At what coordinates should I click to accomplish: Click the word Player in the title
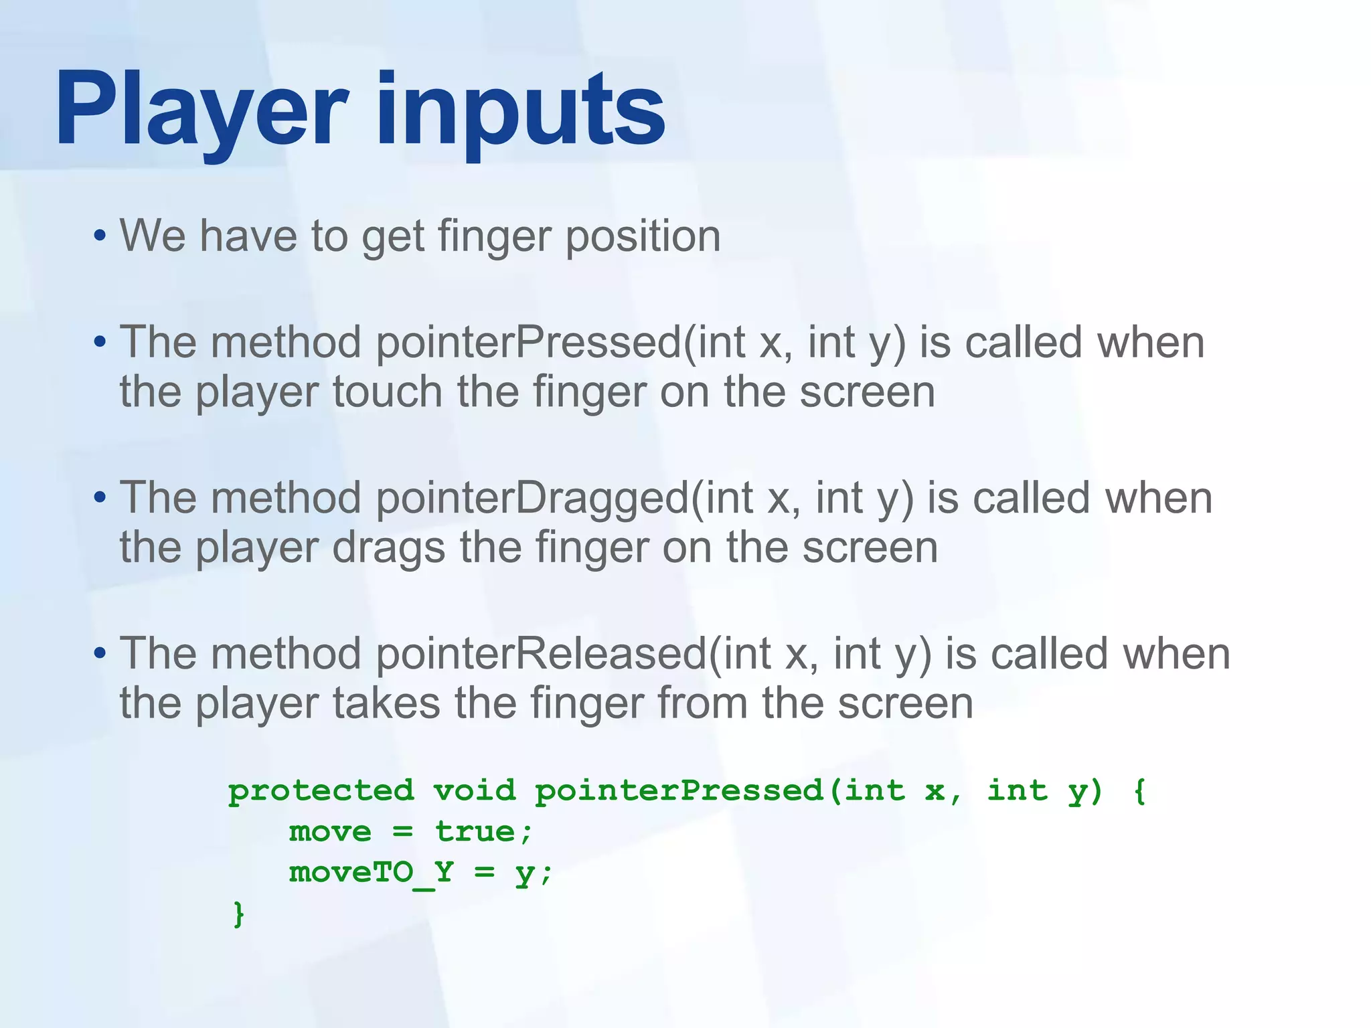tap(201, 110)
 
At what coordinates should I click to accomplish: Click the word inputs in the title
tap(521, 114)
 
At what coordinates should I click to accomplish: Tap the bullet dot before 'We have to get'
tap(100, 236)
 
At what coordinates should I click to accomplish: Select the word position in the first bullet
tap(643, 238)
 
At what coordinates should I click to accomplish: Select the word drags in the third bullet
tap(388, 549)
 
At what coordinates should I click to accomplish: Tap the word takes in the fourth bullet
tap(386, 703)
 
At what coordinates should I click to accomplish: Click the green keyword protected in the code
tap(321, 792)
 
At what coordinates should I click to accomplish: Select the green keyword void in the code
tap(474, 792)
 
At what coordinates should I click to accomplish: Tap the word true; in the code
tap(483, 833)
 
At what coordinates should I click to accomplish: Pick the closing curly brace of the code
tap(238, 914)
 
